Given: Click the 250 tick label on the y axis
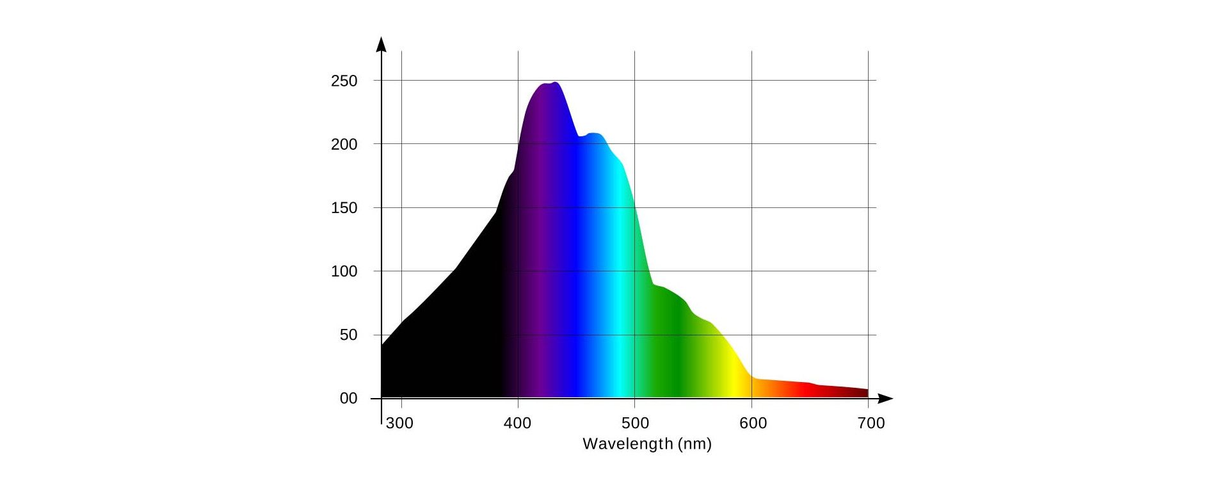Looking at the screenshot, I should (344, 81).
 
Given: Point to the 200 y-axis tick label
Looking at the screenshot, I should (344, 145).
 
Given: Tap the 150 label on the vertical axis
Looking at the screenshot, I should (344, 208).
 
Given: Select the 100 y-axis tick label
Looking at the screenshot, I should (344, 271).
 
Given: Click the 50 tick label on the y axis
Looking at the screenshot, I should (348, 335).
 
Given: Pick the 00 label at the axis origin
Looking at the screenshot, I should (348, 399).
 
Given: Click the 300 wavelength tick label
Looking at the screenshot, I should (399, 423).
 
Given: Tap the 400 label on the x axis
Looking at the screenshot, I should (517, 423).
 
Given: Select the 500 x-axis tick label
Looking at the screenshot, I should (635, 423).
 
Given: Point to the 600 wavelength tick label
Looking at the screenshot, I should (753, 423).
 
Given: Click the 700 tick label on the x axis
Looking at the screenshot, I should (871, 423).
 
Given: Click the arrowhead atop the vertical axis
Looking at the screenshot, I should (382, 44).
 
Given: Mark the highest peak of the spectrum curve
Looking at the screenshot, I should (554, 83).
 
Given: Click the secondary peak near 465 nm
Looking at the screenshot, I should (594, 133).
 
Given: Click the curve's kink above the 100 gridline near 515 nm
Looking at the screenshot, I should (653, 284).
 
